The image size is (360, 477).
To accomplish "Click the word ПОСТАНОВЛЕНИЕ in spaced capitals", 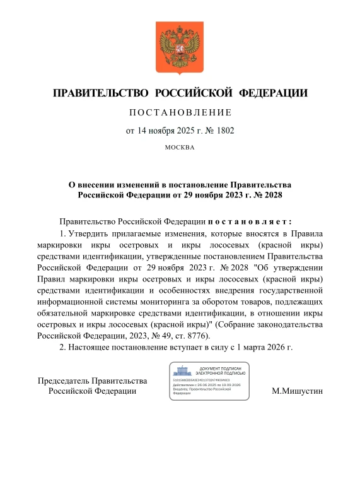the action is click(x=180, y=113).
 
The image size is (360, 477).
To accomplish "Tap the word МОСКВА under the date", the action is click(x=180, y=147).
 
